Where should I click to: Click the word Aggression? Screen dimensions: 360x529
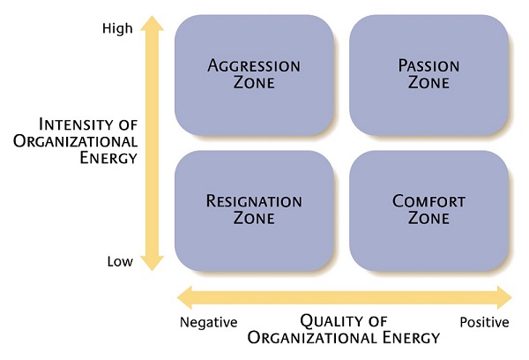[254, 66]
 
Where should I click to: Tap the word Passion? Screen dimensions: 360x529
[428, 66]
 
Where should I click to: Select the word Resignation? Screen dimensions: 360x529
[254, 201]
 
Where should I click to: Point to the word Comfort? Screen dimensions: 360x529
[428, 201]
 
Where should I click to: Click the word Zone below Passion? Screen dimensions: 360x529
[428, 83]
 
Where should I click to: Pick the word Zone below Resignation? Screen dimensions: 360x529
[254, 218]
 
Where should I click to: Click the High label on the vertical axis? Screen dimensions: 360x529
[117, 28]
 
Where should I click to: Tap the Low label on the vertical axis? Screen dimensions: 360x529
[120, 261]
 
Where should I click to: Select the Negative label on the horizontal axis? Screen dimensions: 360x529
[208, 322]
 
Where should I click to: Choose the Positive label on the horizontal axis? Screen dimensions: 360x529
[484, 322]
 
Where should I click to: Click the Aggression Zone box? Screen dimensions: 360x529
[254, 75]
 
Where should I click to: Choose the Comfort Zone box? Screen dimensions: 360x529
[428, 210]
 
